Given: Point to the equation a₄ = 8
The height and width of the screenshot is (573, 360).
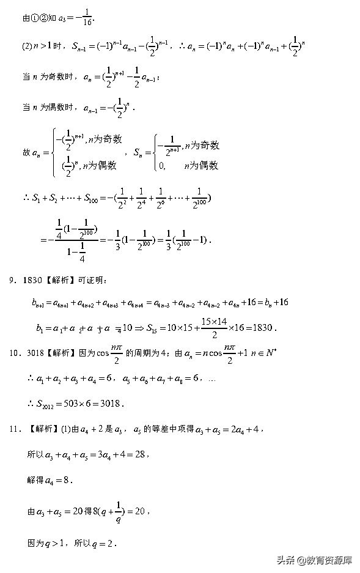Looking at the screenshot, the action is [60, 481].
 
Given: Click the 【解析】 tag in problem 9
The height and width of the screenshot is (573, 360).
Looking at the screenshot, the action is [60, 281].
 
